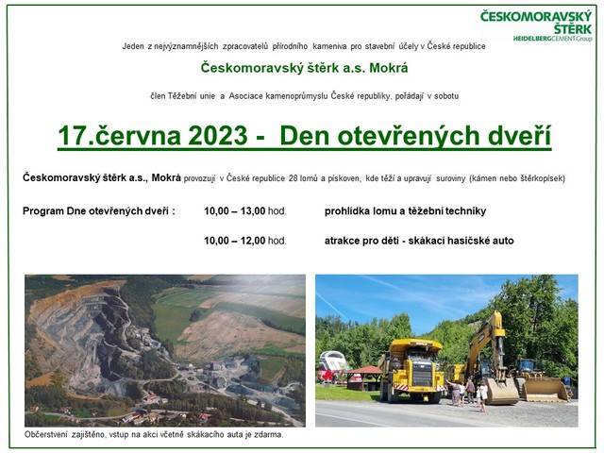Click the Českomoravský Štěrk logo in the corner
[x=536, y=26]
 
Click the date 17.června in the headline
[x=120, y=136]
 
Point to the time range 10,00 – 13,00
[x=235, y=211]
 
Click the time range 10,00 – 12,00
[x=235, y=241]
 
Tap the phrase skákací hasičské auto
[x=461, y=241]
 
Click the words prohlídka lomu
[x=360, y=211]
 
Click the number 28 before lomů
[x=294, y=178]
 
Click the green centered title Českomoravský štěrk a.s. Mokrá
[x=304, y=68]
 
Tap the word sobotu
[x=446, y=96]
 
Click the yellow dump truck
[x=411, y=371]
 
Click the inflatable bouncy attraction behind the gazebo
[x=332, y=366]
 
